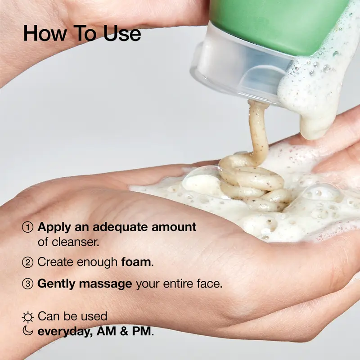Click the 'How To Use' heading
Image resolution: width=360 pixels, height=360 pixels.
click(x=81, y=33)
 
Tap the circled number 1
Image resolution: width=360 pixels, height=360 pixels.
click(x=28, y=227)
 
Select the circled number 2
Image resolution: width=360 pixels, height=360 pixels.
click(x=28, y=262)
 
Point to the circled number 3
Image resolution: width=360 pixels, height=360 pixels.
click(x=28, y=284)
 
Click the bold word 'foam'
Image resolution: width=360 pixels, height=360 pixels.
click(x=136, y=261)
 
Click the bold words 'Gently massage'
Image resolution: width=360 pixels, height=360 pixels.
click(x=85, y=284)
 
